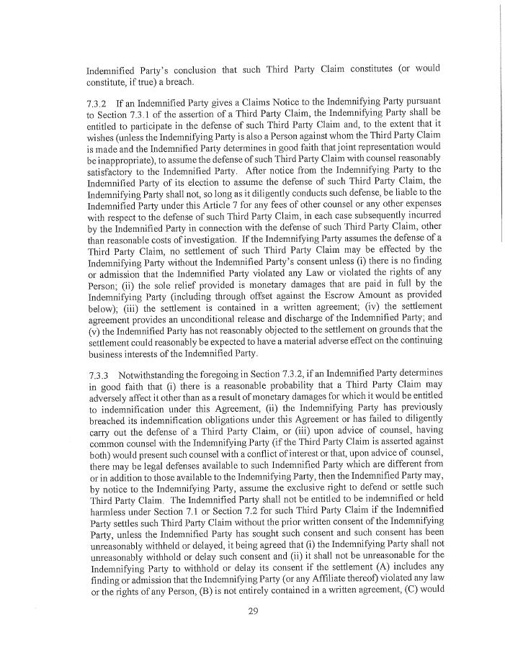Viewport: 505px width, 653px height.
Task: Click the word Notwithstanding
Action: (158, 376)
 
